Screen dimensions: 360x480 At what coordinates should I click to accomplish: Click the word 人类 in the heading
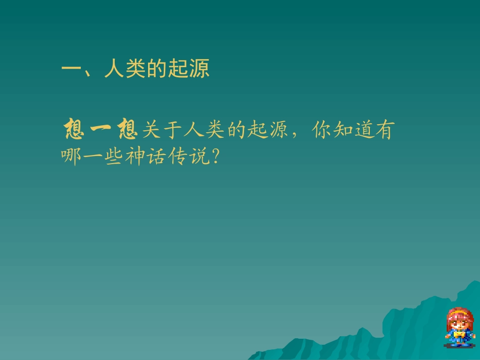[x=125, y=69]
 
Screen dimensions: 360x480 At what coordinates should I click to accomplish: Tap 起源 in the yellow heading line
[x=188, y=69]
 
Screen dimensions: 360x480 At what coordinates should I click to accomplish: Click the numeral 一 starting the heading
[x=71, y=69]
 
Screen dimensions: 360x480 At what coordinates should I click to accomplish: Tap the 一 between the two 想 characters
[x=100, y=130]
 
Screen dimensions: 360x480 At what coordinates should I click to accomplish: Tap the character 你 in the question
[x=322, y=130]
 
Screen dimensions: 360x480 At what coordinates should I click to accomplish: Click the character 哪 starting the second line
[x=71, y=157]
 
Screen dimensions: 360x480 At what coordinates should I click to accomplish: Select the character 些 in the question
[x=114, y=157]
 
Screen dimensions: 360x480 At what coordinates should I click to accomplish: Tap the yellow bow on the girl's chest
[x=459, y=334]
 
